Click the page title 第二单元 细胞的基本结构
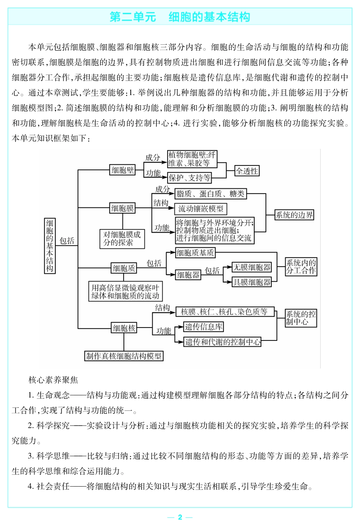[x=180, y=17]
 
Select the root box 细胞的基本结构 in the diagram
[x=50, y=245]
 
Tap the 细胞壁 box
[x=123, y=170]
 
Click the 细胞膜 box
[x=122, y=208]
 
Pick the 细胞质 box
[x=124, y=268]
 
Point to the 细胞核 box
[x=124, y=328]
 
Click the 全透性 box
[x=247, y=171]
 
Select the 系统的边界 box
[x=294, y=215]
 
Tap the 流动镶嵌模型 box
[x=201, y=209]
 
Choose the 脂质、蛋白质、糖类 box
[x=210, y=194]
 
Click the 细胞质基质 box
[x=195, y=253]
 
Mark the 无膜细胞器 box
[x=252, y=267]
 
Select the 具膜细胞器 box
[x=252, y=282]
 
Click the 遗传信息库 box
[x=203, y=327]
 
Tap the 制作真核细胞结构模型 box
[x=124, y=356]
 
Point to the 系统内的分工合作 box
[x=301, y=267]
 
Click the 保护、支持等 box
[x=189, y=178]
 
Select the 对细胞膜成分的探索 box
[x=122, y=239]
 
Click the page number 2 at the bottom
[x=180, y=517]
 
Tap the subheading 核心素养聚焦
[x=53, y=380]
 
